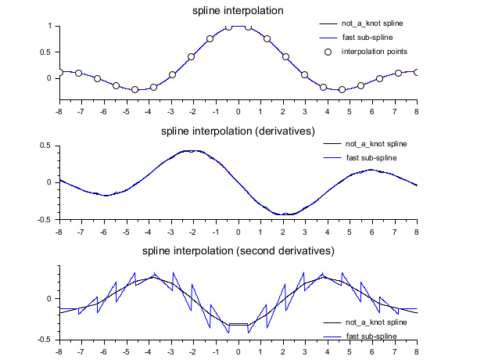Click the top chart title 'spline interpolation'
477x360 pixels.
238,11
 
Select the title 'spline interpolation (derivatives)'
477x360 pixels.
238,131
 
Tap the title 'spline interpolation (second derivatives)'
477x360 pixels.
238,251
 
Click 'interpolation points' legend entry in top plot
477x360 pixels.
375,52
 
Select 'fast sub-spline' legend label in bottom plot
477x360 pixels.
370,336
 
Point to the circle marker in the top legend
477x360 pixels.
328,52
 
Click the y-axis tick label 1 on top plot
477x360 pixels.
49,26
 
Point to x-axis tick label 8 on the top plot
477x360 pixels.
417,108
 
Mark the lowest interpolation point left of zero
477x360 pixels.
135,89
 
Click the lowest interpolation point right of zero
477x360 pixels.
342,89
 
